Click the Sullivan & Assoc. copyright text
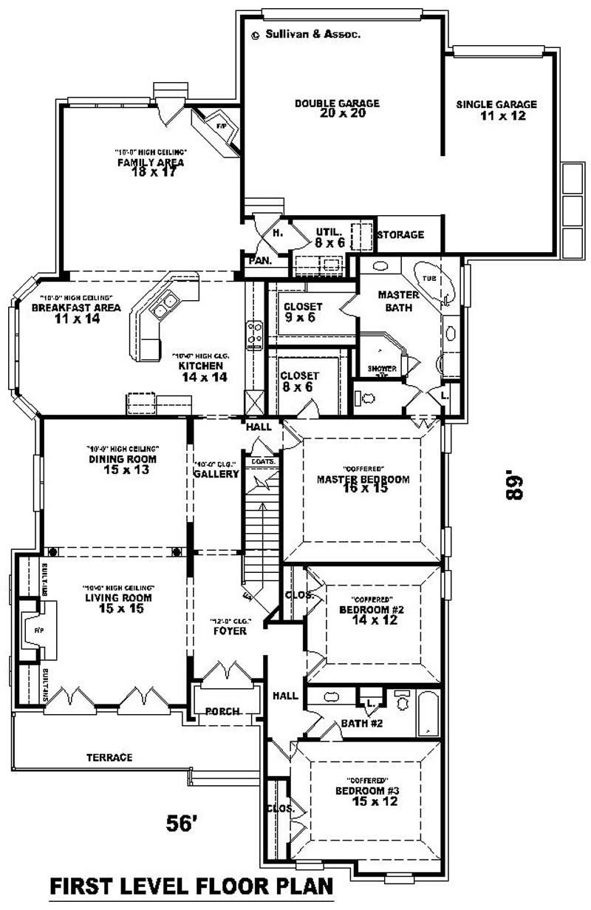pos(306,34)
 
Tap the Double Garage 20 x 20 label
pos(337,108)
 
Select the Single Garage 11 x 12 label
pos(496,110)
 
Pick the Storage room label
pos(400,235)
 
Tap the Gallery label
pos(216,474)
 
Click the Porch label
pos(222,712)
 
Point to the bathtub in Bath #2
pos(428,713)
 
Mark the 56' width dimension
pos(181,823)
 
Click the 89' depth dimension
pos(515,486)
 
